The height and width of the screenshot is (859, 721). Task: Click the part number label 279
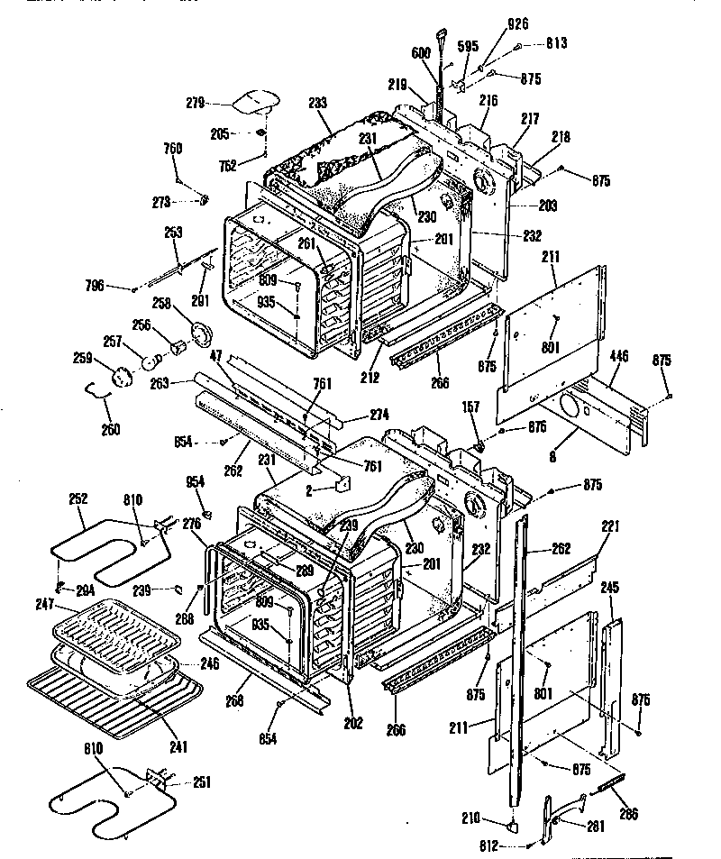pos(196,102)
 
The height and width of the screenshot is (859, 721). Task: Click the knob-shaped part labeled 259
pos(117,376)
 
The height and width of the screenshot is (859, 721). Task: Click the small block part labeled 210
pos(511,822)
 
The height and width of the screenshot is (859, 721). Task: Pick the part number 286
pos(628,814)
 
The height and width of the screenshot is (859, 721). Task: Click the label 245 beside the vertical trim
pos(610,588)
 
